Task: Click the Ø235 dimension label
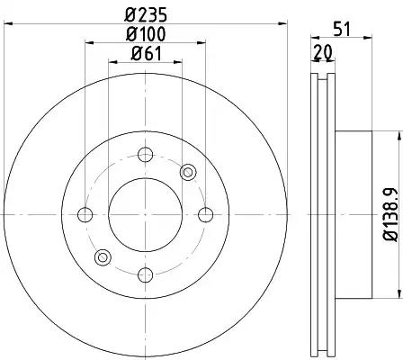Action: coord(146,14)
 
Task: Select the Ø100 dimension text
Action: coord(146,34)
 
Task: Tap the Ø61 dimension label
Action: coord(147,54)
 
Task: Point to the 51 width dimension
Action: coord(342,29)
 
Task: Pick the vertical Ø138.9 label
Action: coord(390,214)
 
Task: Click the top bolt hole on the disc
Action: coord(146,155)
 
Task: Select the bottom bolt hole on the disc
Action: coord(146,274)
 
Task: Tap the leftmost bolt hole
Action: coord(85,215)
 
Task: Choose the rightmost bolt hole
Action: coord(206,215)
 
